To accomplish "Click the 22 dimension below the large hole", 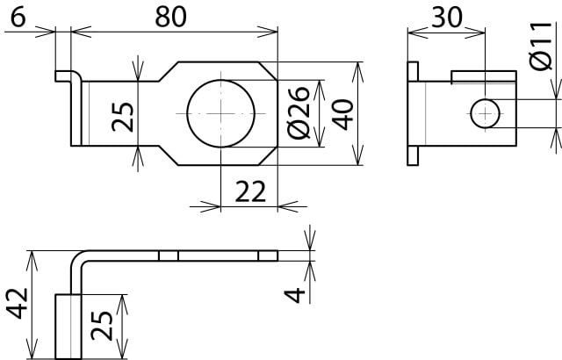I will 249,193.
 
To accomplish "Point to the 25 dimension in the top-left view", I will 124,114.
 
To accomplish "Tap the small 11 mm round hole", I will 485,112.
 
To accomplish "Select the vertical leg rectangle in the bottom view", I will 68,326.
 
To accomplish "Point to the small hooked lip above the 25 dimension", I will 64,76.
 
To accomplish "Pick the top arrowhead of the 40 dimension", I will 357,68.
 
